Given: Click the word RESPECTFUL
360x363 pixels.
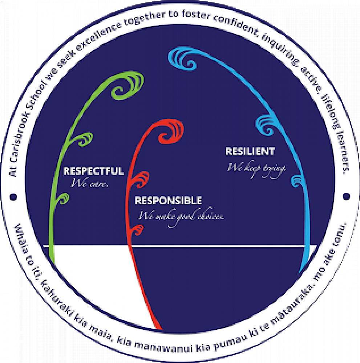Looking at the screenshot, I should (x=93, y=171).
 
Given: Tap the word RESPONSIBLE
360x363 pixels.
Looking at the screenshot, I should (x=168, y=200).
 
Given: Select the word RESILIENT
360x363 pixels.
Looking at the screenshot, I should (x=250, y=151).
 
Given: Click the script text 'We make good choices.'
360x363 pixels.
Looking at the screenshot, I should (x=181, y=216).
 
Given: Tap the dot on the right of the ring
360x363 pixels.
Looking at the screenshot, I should (x=346, y=196).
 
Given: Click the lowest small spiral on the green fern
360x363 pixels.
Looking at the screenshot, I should (x=64, y=198).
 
